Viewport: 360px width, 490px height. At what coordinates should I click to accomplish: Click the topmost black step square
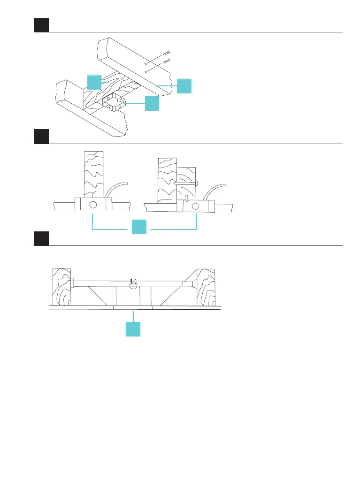[x=41, y=25]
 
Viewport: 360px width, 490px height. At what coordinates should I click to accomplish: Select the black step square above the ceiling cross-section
[x=41, y=238]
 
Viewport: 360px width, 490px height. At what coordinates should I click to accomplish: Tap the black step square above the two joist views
[x=41, y=137]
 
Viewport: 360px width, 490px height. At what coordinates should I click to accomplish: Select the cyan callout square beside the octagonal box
[x=152, y=103]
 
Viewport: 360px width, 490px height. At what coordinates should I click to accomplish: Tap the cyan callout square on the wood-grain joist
[x=94, y=82]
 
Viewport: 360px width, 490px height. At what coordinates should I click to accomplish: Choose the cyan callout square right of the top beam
[x=184, y=86]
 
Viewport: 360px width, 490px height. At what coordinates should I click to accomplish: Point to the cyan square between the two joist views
[x=139, y=227]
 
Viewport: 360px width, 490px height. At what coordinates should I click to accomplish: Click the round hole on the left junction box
[x=93, y=205]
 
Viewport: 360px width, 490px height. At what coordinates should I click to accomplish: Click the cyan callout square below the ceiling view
[x=133, y=329]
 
